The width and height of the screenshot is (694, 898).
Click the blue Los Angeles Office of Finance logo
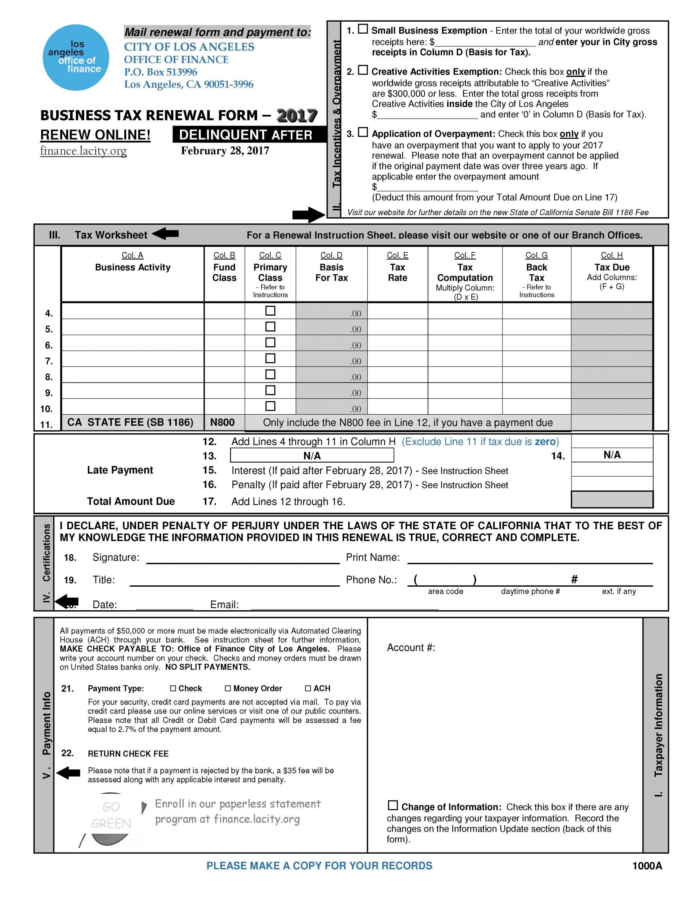click(x=76, y=57)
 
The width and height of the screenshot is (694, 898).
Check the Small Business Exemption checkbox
click(x=363, y=29)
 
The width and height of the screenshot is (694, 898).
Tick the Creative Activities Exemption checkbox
click(x=363, y=70)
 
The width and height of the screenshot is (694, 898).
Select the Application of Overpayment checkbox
click(x=363, y=132)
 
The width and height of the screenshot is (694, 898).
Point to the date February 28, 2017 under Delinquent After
click(x=225, y=151)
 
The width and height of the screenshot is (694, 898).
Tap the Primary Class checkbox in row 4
click(x=270, y=311)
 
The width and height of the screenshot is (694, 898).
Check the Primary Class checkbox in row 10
click(x=270, y=406)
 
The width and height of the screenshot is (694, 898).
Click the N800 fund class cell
click(x=222, y=422)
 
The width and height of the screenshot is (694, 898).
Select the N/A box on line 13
click(x=312, y=456)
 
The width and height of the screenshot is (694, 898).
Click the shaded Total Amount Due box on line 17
click(x=612, y=500)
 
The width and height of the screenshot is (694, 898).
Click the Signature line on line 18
click(x=243, y=559)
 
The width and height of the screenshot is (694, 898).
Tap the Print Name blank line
click(x=530, y=559)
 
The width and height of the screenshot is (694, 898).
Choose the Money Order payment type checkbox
click(x=228, y=688)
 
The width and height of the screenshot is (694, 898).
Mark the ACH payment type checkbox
click(x=308, y=688)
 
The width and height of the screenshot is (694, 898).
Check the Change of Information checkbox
click(x=393, y=805)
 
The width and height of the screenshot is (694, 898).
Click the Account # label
click(x=411, y=647)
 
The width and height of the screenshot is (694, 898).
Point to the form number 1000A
click(x=647, y=866)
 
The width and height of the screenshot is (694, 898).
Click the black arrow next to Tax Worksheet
click(x=165, y=234)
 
